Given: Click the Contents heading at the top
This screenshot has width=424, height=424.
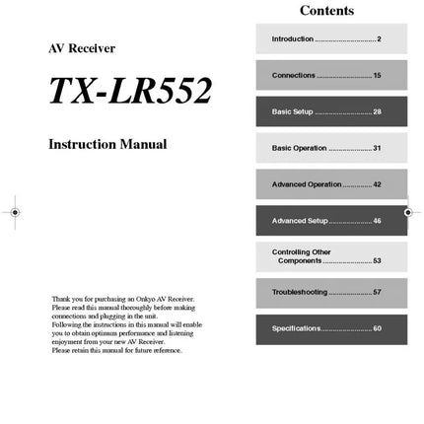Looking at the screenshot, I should [326, 11].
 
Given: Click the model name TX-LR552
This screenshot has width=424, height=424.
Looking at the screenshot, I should [130, 91].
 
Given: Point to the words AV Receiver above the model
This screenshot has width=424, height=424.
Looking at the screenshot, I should [82, 48].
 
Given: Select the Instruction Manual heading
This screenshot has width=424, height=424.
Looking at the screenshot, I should [107, 144].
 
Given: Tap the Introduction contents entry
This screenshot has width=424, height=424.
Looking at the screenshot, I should [293, 38].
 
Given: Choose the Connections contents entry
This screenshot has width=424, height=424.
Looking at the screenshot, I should [294, 75].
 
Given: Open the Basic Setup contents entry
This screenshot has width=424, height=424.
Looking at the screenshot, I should [293, 111].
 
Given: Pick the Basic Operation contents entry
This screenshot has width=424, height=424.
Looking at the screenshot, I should [300, 148].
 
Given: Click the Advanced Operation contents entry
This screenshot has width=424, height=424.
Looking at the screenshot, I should [307, 184].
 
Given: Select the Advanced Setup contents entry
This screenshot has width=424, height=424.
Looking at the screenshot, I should [300, 221].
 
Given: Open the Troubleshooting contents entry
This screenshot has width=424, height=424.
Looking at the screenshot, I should [300, 293].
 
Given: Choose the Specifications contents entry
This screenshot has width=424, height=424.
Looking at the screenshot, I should [297, 328].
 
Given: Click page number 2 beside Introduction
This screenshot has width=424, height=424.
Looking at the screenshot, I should [379, 38].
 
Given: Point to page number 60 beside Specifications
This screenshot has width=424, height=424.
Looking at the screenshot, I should [377, 328].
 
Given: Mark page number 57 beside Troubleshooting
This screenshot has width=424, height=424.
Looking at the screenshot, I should [377, 293].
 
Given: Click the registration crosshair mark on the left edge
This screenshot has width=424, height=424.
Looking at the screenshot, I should [14, 211].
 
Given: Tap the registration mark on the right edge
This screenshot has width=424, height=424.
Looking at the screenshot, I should [408, 211].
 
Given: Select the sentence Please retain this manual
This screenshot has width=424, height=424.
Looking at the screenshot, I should [116, 350].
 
